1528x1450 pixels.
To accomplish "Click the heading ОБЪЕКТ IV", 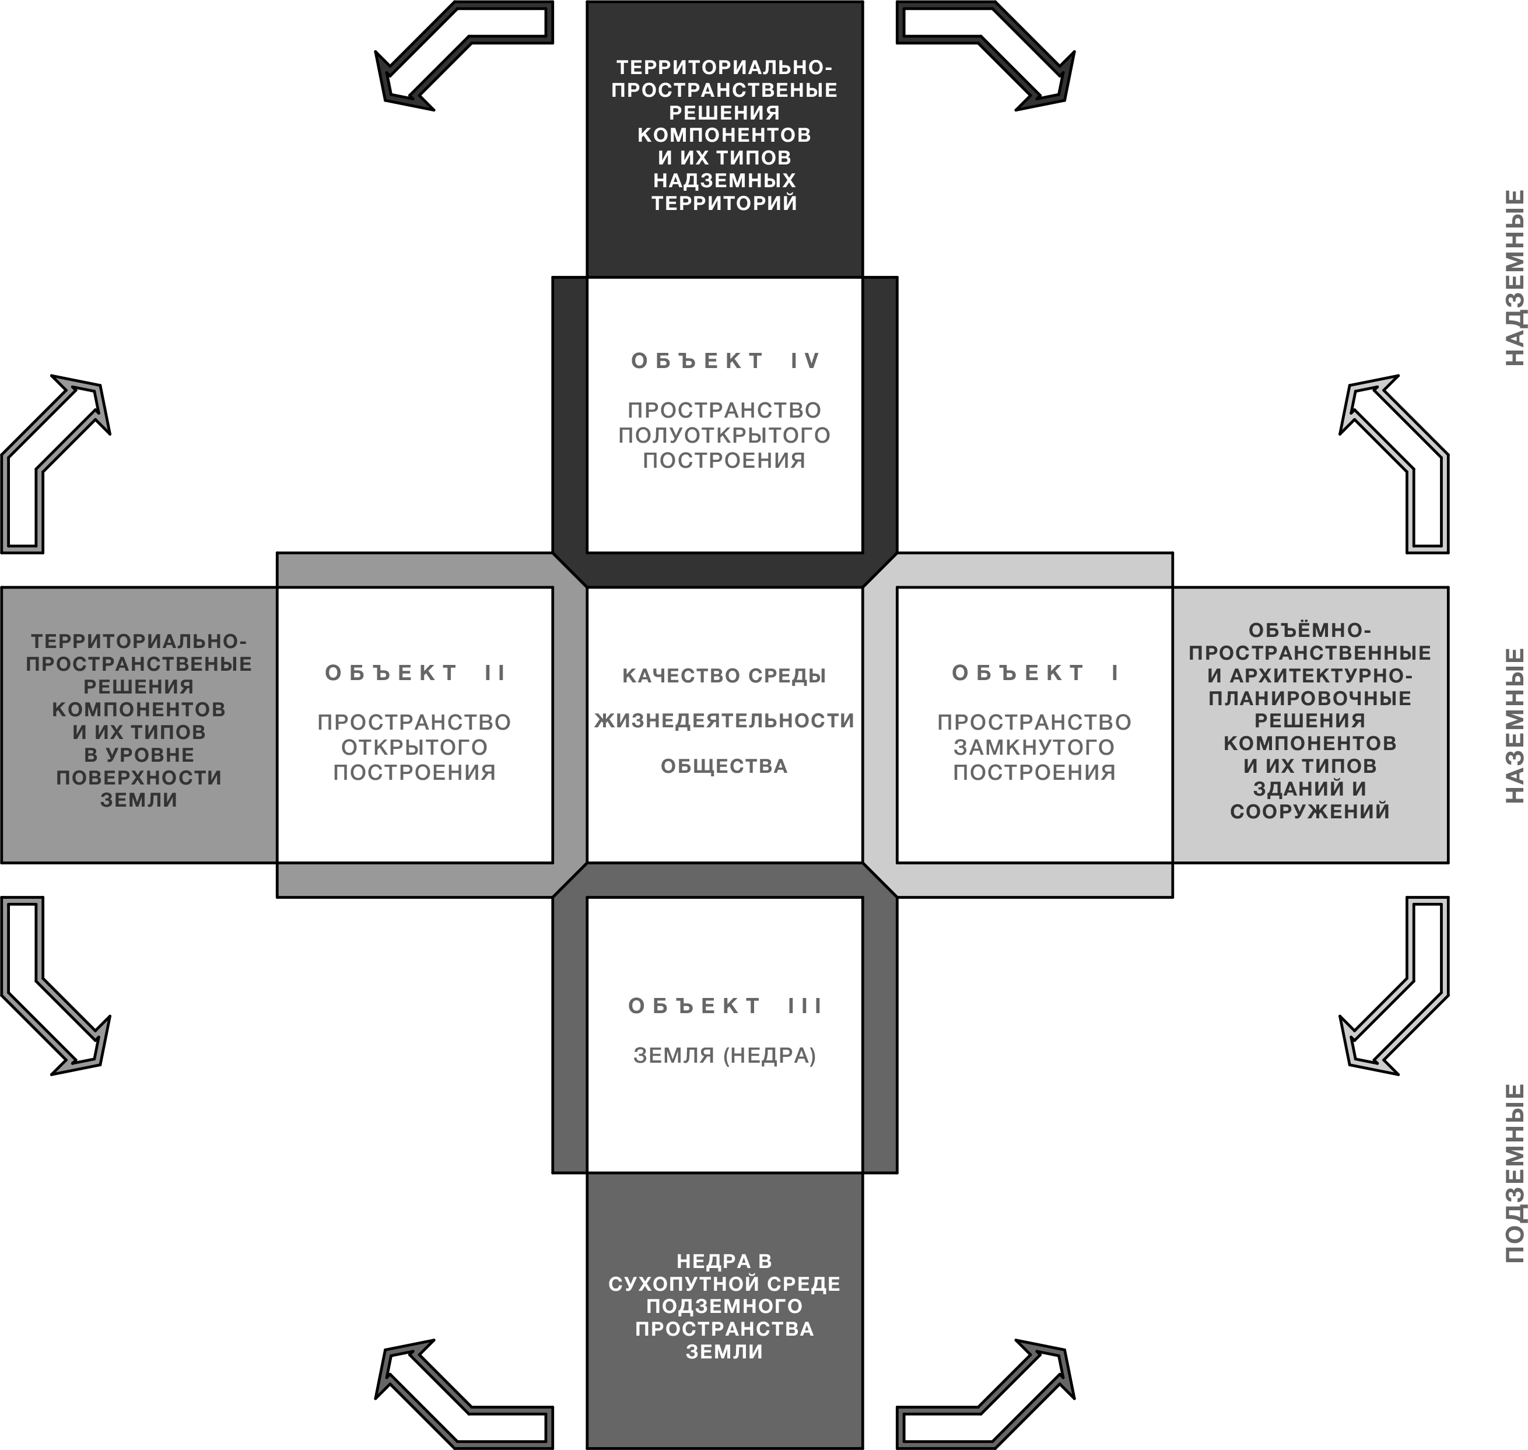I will click(724, 361).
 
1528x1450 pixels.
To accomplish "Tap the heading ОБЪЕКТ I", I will click(1034, 673).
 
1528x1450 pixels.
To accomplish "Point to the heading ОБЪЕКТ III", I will click(724, 1006).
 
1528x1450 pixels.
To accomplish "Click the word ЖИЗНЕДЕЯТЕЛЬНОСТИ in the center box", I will click(724, 720).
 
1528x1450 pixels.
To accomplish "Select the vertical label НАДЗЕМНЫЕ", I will click(1515, 278).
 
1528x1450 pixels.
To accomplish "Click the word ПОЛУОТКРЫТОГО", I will click(724, 435).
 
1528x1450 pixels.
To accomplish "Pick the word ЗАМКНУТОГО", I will click(1034, 747).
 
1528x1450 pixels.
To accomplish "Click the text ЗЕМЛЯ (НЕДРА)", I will click(724, 1056).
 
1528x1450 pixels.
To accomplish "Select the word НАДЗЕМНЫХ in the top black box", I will click(724, 180).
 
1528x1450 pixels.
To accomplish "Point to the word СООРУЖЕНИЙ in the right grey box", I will click(1309, 811).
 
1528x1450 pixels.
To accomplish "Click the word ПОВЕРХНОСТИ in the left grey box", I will click(139, 777).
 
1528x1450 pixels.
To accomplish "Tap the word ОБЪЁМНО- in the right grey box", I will click(1309, 630).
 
